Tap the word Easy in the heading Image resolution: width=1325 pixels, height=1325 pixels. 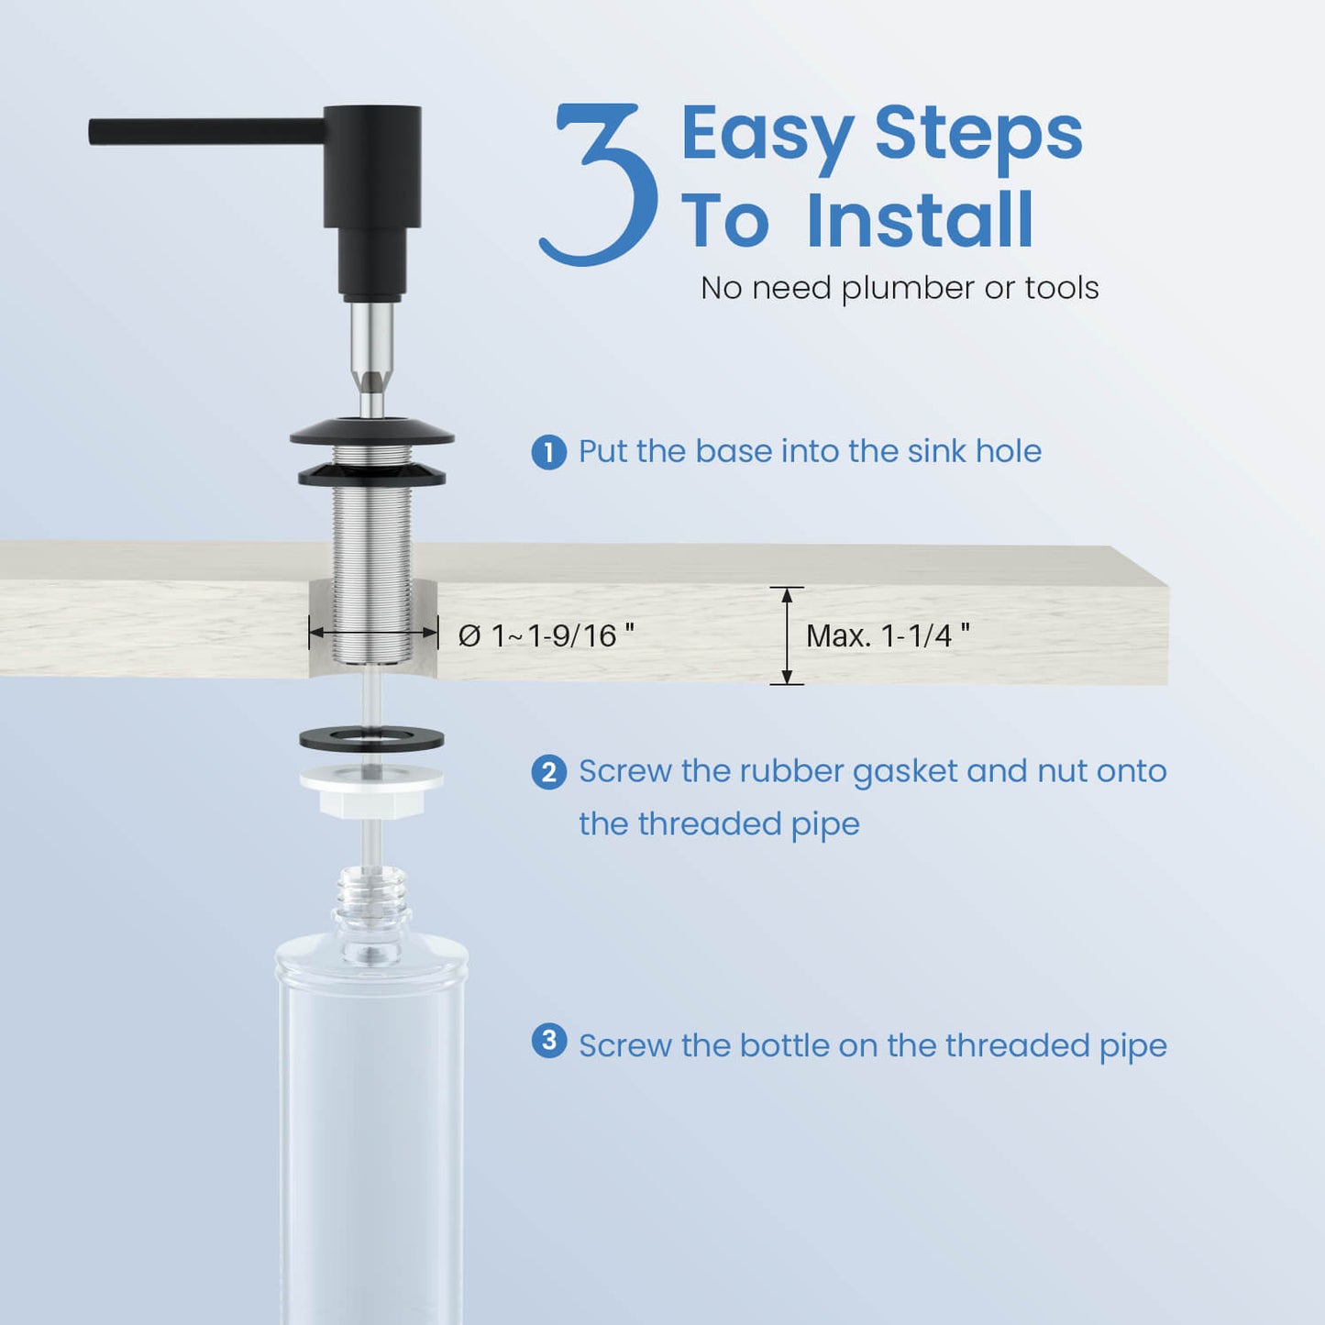[767, 136]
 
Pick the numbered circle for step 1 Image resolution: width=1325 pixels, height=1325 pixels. [548, 452]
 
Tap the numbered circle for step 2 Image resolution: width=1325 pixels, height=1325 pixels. [548, 772]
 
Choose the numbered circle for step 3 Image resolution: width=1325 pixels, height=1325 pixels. [548, 1041]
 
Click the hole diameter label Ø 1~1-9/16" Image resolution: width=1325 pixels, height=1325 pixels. [547, 636]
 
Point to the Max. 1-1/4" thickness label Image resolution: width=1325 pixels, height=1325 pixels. [888, 636]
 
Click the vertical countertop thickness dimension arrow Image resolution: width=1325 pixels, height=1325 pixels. [788, 636]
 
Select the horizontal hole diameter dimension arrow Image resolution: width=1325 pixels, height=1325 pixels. [373, 634]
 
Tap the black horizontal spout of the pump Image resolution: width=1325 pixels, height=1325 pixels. [206, 131]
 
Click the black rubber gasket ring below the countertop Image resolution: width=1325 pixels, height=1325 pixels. [372, 739]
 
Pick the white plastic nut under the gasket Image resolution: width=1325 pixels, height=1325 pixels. [372, 790]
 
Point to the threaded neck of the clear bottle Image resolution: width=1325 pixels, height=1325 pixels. [371, 900]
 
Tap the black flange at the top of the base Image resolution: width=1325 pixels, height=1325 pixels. [372, 431]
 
